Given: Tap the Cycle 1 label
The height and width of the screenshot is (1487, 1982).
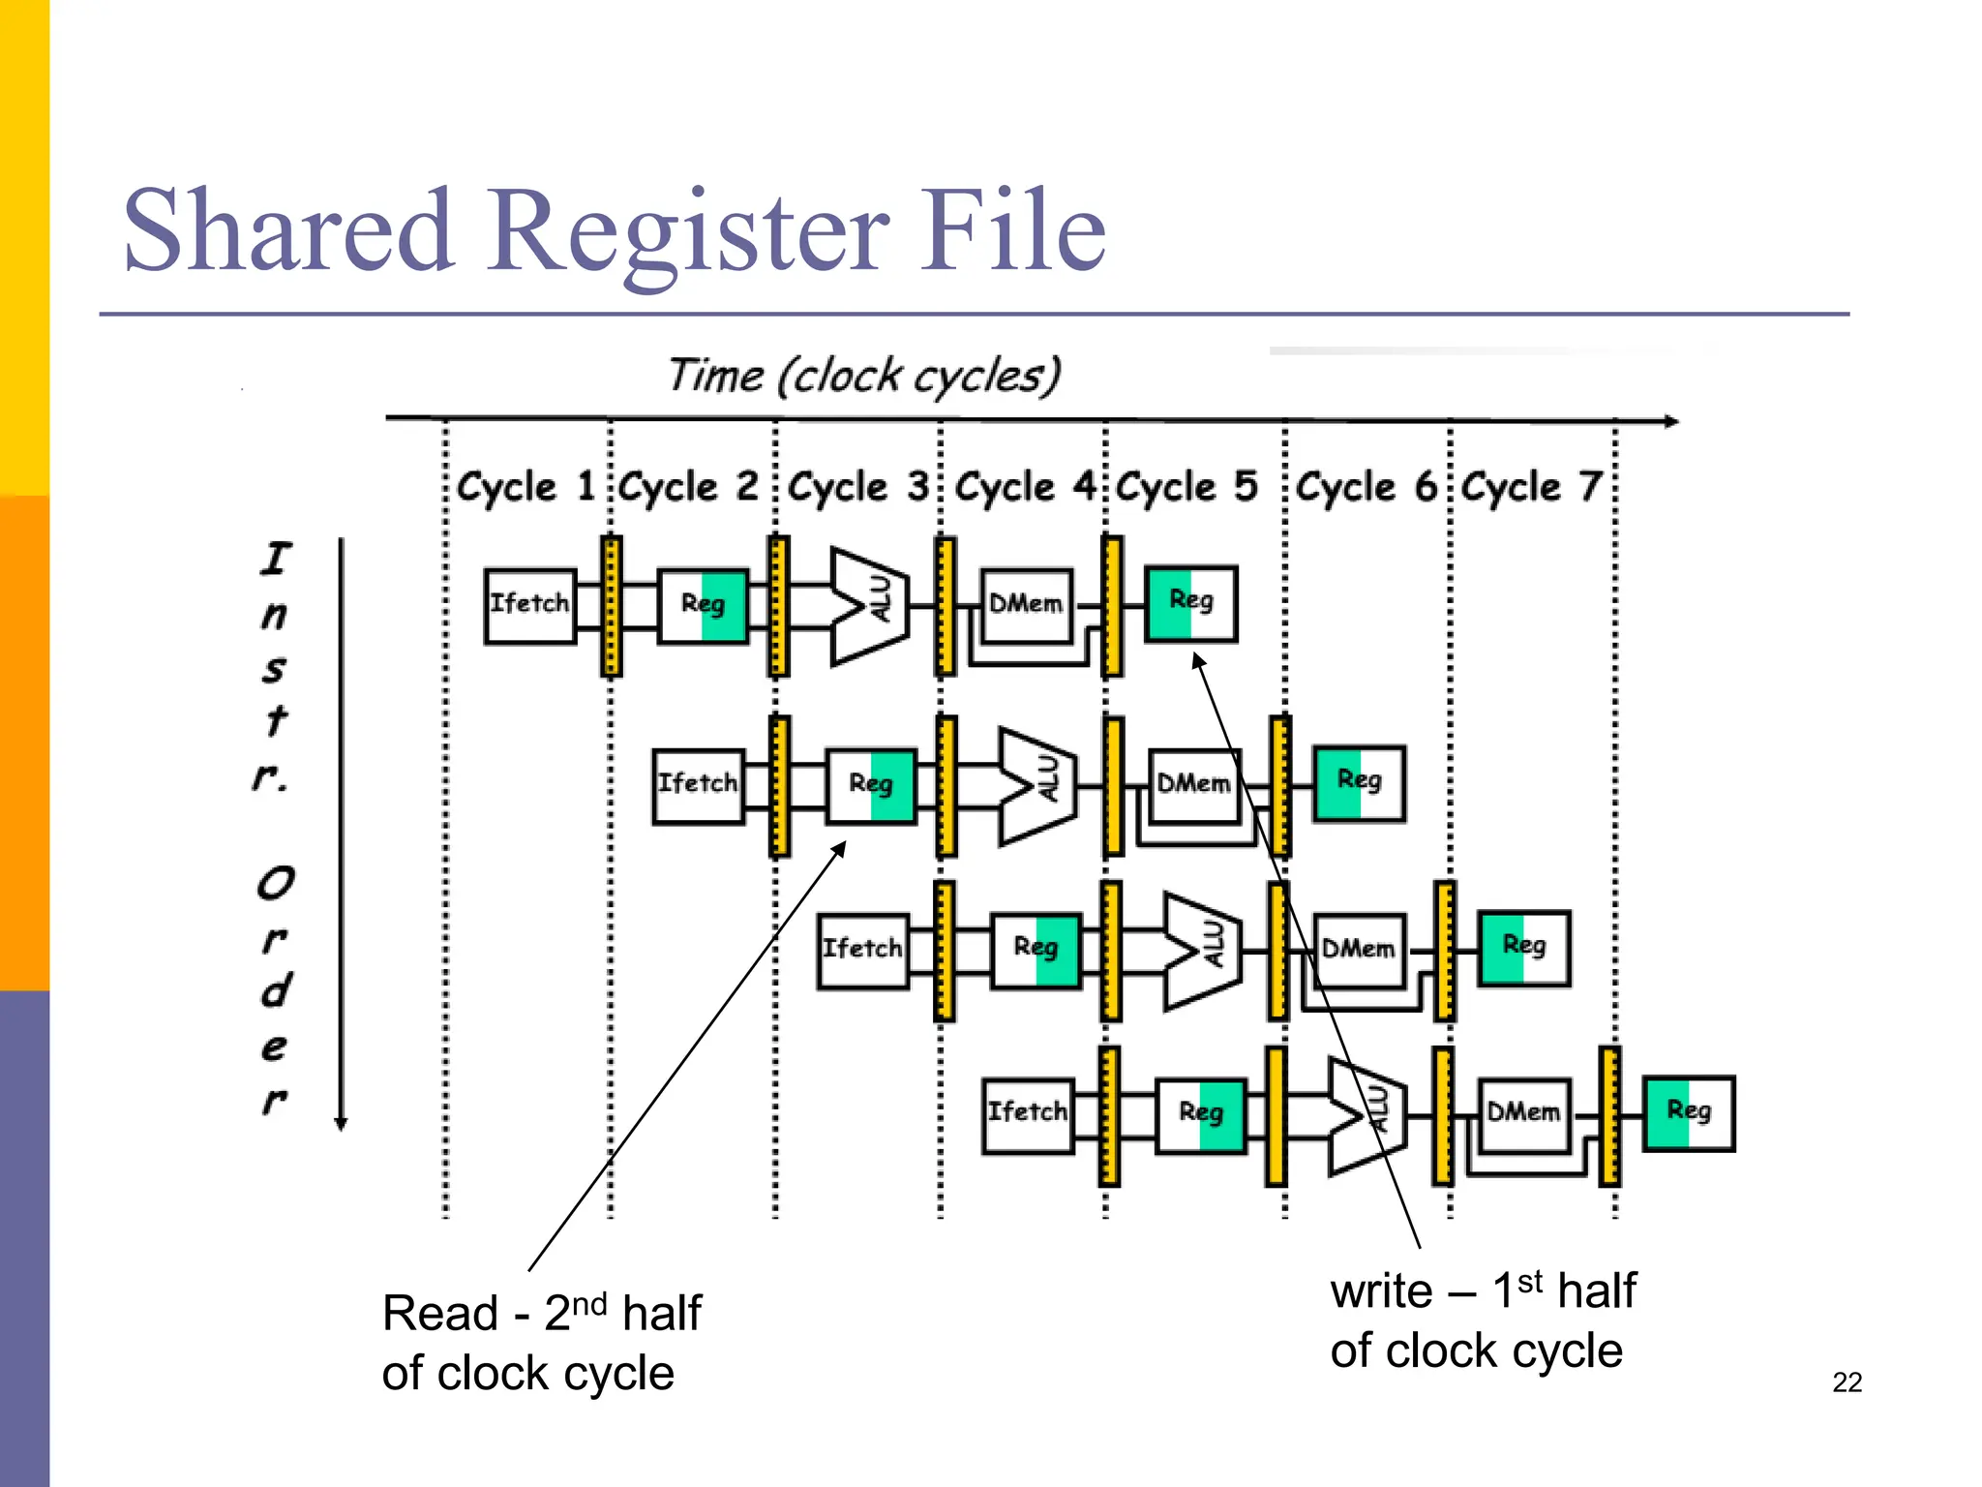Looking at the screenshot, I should pos(526,486).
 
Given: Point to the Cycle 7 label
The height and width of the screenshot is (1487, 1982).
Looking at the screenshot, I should pos(1531,486).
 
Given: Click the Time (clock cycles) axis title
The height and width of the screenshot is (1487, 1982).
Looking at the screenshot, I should pos(864,376).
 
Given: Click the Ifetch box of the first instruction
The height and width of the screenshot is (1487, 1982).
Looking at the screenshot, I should pos(529,606).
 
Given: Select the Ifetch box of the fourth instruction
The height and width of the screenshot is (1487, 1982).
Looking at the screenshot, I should pos(1027,1115).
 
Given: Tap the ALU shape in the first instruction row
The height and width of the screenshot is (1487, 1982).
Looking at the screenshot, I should pos(868,606).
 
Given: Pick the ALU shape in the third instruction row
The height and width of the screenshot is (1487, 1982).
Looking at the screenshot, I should pos(1201,950).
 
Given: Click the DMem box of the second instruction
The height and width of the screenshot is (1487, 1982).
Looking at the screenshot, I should pos(1193,785).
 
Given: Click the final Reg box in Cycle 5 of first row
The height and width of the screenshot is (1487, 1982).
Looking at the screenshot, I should pos(1190,603).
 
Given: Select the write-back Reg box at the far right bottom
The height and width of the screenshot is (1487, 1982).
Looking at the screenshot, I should pos(1689,1112).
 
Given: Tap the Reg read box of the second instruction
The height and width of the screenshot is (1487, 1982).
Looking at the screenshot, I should pos(870,785).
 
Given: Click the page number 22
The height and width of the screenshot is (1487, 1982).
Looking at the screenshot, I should pos(1847,1382).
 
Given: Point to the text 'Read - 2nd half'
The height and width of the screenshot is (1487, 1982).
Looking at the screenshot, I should pos(541,1314).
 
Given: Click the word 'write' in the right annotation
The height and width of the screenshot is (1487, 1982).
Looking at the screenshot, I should pos(1380,1292).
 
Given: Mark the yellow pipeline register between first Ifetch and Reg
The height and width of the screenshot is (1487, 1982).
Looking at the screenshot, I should pos(611,606).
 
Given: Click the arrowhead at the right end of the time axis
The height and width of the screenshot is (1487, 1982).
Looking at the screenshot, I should pos(1671,421).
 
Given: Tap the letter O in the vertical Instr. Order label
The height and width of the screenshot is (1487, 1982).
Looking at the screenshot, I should pos(276,883).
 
